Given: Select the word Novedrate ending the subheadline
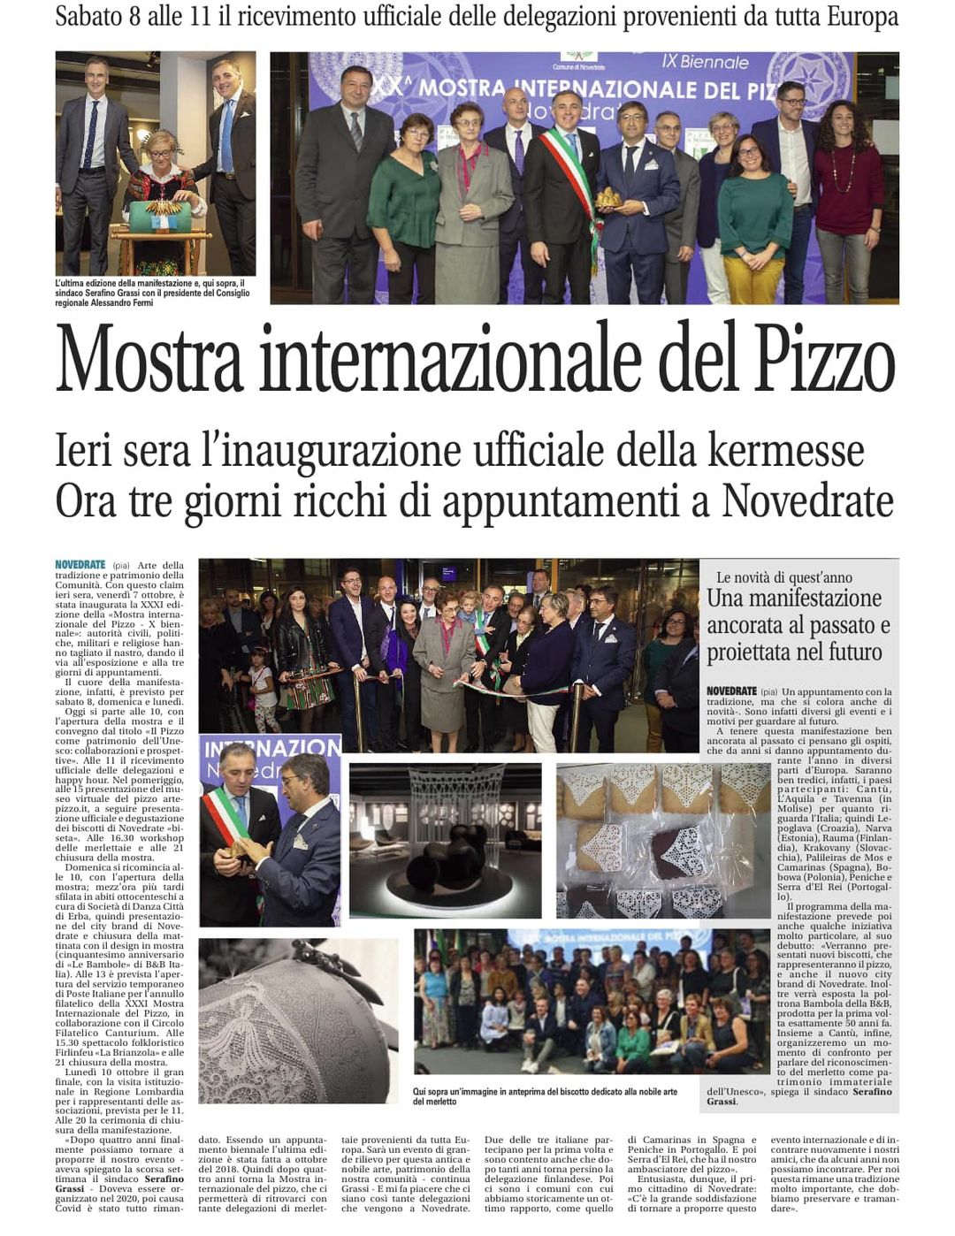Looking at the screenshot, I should coord(807,500).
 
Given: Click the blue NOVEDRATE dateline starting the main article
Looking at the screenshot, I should coord(80,565).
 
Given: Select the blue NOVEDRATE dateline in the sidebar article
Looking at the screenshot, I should coord(731,691).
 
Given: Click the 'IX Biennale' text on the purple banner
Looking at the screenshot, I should coord(705,62).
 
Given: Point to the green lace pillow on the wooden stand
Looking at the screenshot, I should coord(160,216).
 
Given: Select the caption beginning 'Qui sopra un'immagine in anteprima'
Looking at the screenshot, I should coord(545,1096).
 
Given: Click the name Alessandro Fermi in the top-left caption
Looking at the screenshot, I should coord(121,302).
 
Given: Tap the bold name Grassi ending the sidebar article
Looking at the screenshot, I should coord(722,1102).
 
